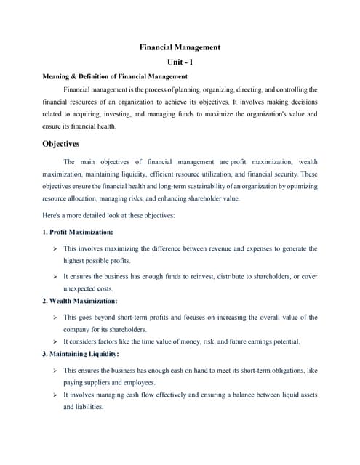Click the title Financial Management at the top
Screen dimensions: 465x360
180,47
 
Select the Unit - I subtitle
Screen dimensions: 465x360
180,62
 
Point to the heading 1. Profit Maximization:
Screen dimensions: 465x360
77,232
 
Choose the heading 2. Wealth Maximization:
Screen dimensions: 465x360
79,300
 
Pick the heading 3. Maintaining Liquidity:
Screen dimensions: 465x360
81,354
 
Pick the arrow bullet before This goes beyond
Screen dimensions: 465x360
55,318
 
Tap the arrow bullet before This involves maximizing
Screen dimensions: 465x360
55,248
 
